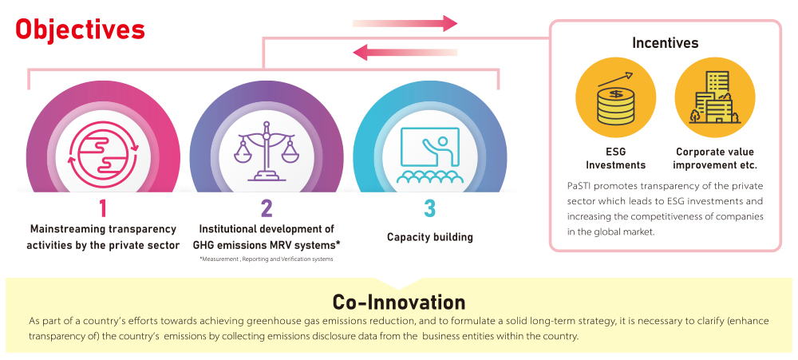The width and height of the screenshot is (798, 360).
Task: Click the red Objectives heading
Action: coord(80,30)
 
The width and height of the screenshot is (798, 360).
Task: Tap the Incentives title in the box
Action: coord(665,43)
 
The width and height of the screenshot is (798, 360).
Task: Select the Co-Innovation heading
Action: coord(398,302)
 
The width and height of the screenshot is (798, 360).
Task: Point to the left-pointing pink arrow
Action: coord(405,53)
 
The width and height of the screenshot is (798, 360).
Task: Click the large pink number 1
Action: coord(102,209)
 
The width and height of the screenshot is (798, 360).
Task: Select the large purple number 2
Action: coord(267,209)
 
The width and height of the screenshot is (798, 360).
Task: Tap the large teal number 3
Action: coord(430,209)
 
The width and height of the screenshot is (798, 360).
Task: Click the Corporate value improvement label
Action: coord(714,158)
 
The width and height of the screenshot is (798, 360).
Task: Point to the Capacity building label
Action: coord(430,237)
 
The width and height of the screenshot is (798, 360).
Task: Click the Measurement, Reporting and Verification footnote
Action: coord(266,259)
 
